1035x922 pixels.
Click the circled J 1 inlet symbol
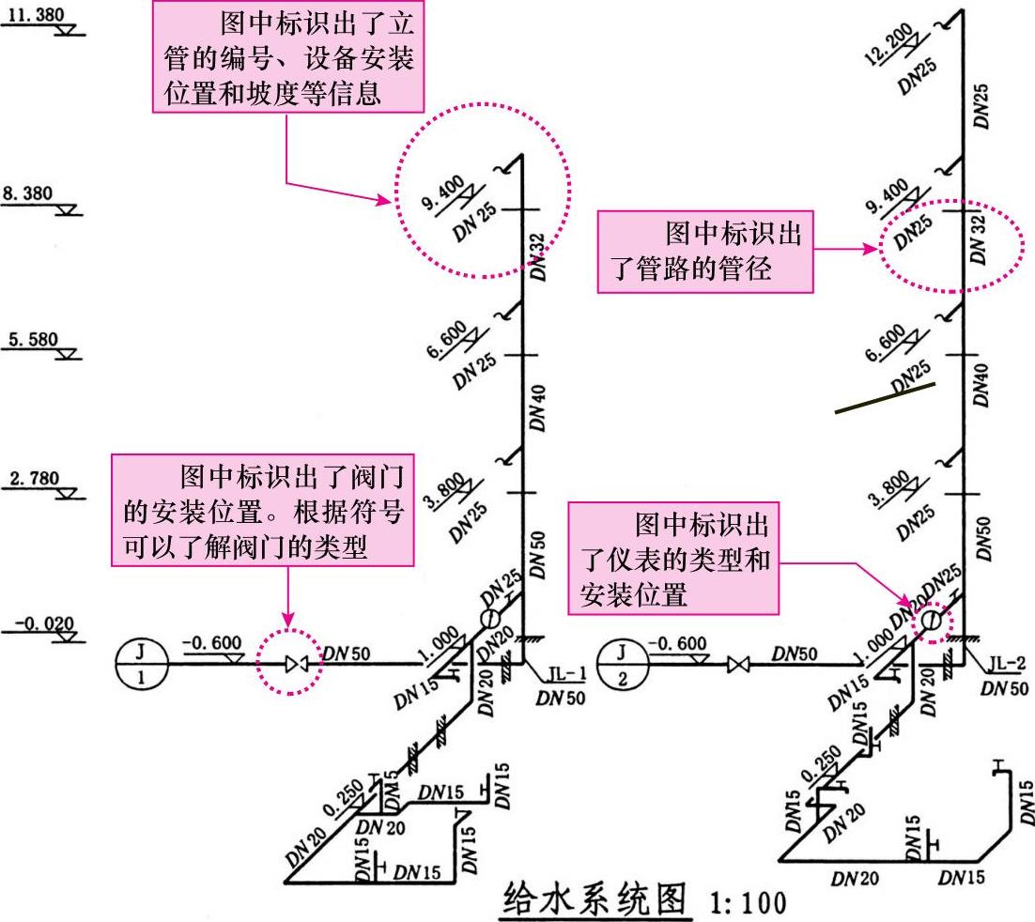point(142,664)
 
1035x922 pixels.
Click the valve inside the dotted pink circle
point(298,665)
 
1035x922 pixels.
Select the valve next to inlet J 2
point(737,665)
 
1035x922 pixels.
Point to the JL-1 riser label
point(568,672)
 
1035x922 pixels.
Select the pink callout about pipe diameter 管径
point(704,251)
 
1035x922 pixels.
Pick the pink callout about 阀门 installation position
point(263,511)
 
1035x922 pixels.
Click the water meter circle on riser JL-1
point(488,618)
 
